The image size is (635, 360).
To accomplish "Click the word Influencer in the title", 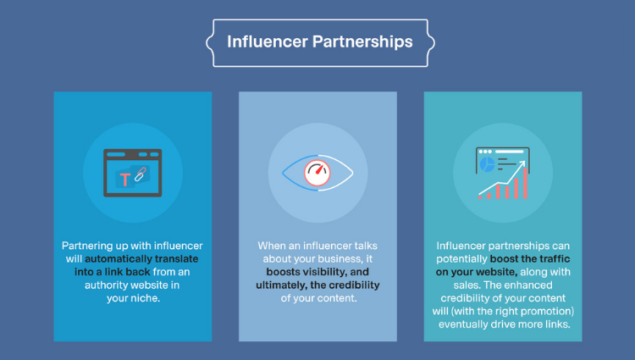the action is click(x=267, y=42).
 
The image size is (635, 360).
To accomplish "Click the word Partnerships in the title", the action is click(x=362, y=42).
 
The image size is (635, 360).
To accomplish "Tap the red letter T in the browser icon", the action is click(x=125, y=180).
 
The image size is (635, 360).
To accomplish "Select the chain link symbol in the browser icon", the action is click(x=140, y=174).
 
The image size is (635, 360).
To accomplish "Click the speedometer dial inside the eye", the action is click(x=317, y=173).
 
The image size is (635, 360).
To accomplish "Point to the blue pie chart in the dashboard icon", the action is click(x=487, y=165).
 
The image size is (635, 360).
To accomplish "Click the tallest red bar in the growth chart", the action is click(x=525, y=183).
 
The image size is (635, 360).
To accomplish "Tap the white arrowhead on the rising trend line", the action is click(x=522, y=164).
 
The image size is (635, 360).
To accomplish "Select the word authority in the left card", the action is click(x=105, y=285).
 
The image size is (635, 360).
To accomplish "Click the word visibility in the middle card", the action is click(x=323, y=272).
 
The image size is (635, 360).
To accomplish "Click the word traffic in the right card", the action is click(x=555, y=258).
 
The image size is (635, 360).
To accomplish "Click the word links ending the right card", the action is click(x=559, y=324).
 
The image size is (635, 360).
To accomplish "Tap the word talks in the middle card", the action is click(x=366, y=246).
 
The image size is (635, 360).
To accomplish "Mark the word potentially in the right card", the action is click(x=461, y=259).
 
